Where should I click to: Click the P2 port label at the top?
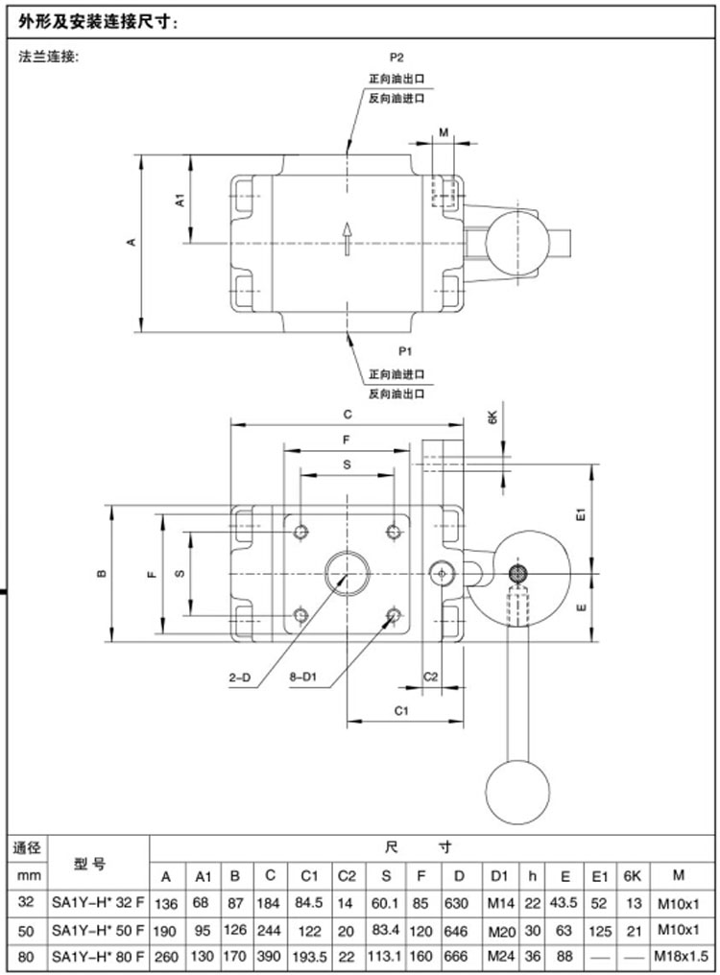[x=396, y=58]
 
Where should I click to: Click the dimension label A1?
[x=179, y=201]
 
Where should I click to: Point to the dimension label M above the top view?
[x=443, y=132]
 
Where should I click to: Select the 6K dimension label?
[x=492, y=417]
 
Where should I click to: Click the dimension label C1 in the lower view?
[x=402, y=710]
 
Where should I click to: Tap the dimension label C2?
[x=431, y=677]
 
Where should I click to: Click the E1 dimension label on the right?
[x=581, y=515]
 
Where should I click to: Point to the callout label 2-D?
[x=239, y=678]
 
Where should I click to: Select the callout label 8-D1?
[x=303, y=678]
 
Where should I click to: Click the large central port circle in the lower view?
[x=347, y=574]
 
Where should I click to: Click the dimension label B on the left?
[x=102, y=574]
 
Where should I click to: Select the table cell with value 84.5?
[x=308, y=902]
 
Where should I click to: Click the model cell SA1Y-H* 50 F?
[x=98, y=930]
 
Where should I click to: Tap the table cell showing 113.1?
[x=386, y=957]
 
